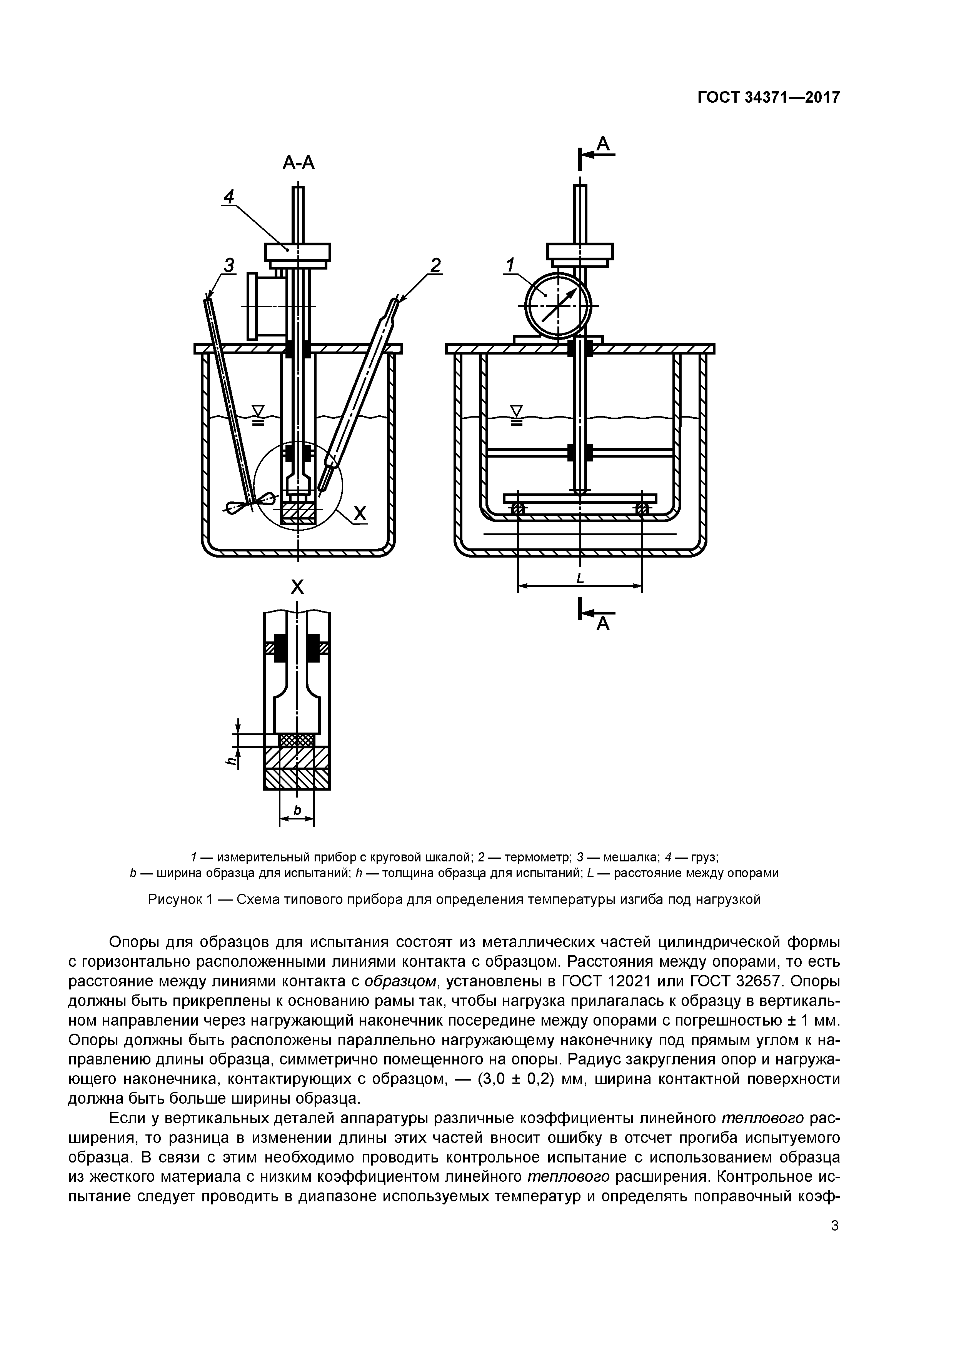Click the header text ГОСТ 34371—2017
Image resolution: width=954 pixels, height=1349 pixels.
coord(768,98)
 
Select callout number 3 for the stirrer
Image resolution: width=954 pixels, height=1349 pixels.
coord(228,266)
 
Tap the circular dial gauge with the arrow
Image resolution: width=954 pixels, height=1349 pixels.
coord(557,305)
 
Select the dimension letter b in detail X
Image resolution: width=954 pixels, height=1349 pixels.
coord(297,811)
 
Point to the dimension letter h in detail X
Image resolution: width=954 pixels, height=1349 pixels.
coord(231,760)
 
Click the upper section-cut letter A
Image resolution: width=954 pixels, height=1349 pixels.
coord(604,143)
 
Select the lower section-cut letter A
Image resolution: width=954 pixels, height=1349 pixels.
coord(604,624)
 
